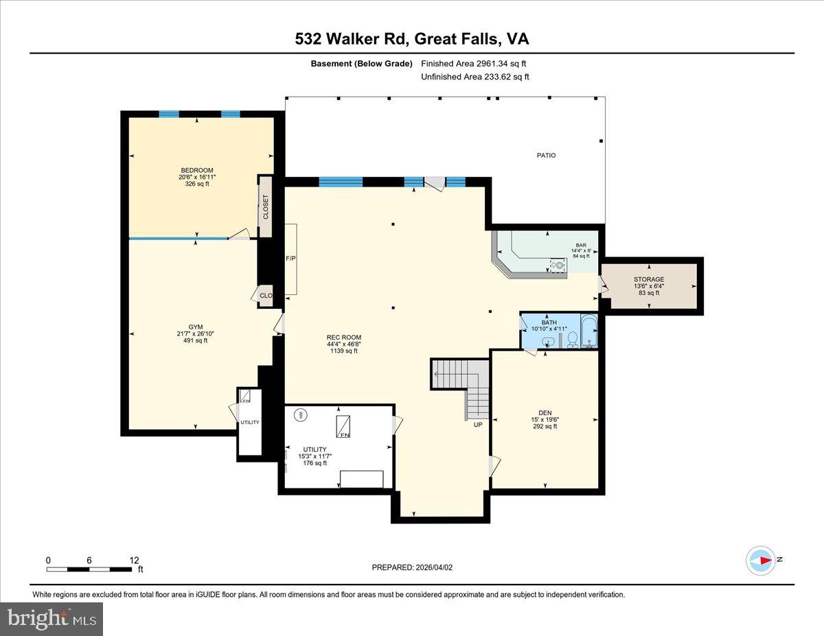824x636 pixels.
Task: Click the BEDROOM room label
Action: [x=196, y=170]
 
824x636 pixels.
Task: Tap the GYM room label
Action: [x=196, y=327]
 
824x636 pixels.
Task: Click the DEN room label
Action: [x=545, y=412]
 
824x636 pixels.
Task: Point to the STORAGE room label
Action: [x=648, y=279]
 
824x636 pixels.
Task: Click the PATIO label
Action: [x=546, y=156]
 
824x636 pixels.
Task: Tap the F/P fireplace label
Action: [x=290, y=259]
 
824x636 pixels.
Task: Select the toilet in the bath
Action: [x=572, y=338]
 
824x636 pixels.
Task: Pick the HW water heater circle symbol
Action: [x=300, y=414]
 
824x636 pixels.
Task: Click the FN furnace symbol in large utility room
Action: [x=342, y=427]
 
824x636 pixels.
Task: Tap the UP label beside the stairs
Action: [x=478, y=425]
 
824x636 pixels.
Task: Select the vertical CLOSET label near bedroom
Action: [x=266, y=207]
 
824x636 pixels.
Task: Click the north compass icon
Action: [x=761, y=560]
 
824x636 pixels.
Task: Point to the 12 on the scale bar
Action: [x=134, y=560]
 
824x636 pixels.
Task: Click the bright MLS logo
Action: [x=51, y=619]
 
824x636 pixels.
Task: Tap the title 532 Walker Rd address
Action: [x=412, y=39]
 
